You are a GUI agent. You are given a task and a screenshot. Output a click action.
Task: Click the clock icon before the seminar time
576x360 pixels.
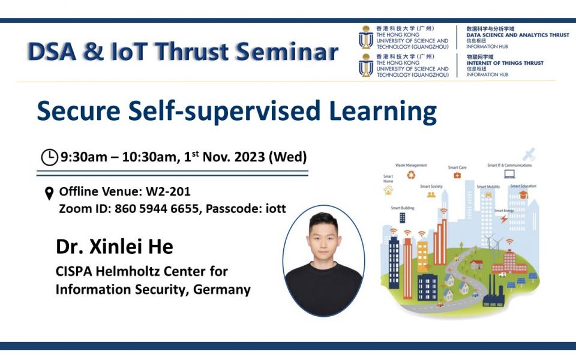tap(49, 157)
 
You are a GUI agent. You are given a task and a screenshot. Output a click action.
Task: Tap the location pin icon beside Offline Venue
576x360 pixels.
tap(49, 193)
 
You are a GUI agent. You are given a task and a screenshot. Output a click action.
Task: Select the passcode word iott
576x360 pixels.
tap(274, 208)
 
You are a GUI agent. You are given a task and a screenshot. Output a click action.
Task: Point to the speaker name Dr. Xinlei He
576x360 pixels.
tap(114, 246)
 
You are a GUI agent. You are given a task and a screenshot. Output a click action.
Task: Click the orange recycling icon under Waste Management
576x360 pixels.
tap(411, 175)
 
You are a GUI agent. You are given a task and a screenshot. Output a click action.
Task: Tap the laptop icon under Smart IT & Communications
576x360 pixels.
tap(509, 175)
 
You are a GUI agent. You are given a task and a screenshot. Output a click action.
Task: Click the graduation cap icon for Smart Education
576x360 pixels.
tap(523, 194)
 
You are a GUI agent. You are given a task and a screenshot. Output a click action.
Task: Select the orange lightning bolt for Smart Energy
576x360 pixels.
tap(504, 219)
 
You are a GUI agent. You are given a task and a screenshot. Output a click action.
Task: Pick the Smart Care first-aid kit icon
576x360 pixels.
tap(457, 175)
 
